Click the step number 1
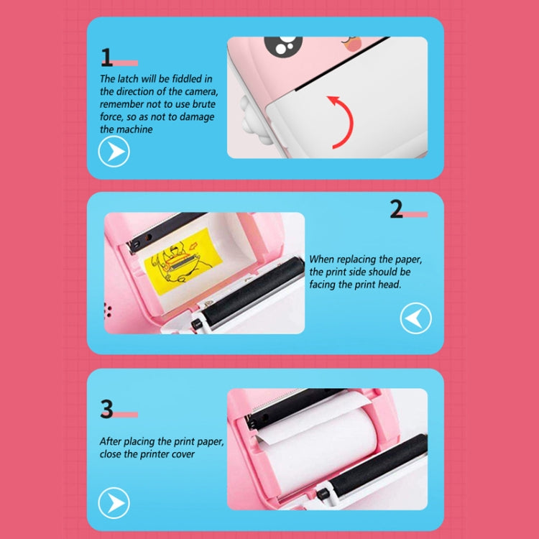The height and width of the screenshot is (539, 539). click(x=107, y=57)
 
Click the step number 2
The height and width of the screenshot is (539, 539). click(x=397, y=208)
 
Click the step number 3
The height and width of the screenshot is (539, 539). click(x=107, y=409)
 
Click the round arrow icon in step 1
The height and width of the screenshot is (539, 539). click(x=114, y=152)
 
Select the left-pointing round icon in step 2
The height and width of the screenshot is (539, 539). click(x=415, y=318)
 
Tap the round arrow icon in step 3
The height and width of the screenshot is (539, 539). click(x=114, y=502)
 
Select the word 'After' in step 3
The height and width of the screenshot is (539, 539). click(x=110, y=441)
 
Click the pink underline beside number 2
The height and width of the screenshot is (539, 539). click(x=416, y=214)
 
